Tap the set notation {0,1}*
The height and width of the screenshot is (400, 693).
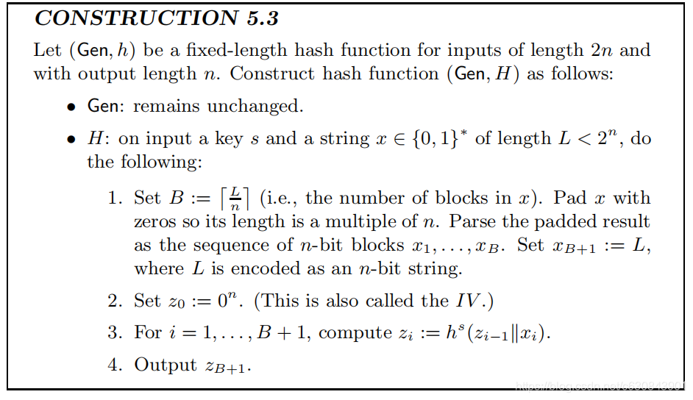pos(441,139)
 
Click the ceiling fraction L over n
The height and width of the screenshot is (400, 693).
pos(235,199)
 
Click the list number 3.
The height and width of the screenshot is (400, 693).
pos(114,332)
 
